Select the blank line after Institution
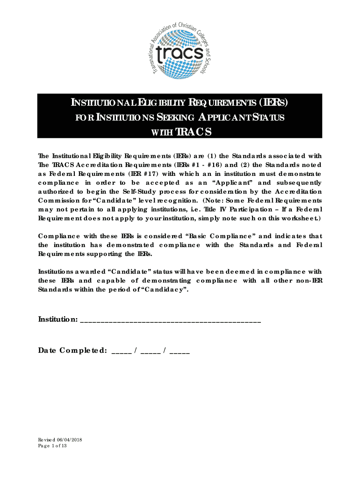click(x=171, y=321)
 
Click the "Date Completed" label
click(x=72, y=350)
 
